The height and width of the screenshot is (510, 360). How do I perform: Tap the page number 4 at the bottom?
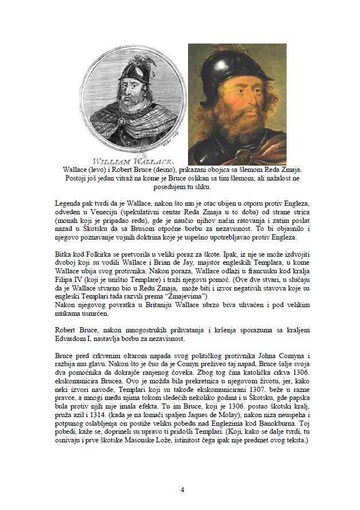(182, 489)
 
